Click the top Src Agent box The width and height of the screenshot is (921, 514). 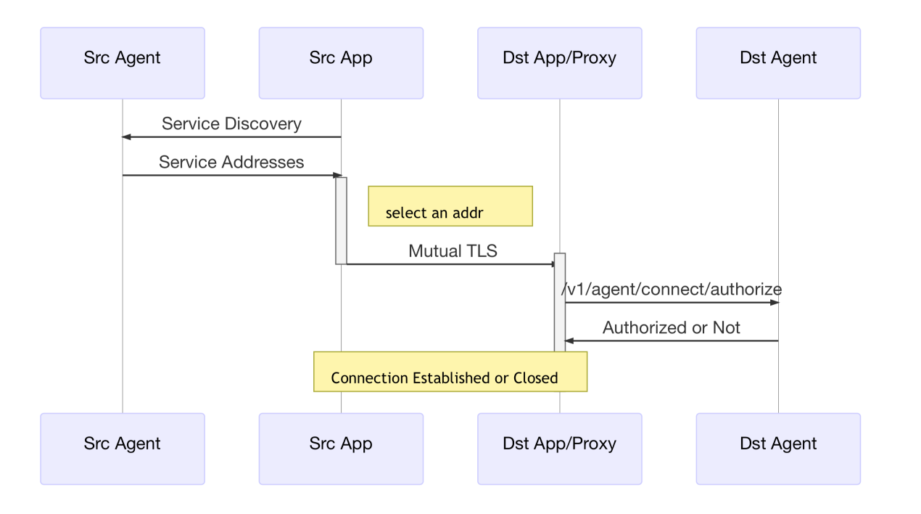122,62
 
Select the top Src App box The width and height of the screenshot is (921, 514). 341,62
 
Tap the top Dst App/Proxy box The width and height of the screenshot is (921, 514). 559,62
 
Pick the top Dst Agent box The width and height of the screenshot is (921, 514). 778,62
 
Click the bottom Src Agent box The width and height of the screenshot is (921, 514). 122,448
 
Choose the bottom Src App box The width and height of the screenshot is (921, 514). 341,448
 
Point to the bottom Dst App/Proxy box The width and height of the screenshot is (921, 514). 559,448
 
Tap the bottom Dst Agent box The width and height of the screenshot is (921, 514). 778,448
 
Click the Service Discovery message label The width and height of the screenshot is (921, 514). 231,123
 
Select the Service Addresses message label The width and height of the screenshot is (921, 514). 231,162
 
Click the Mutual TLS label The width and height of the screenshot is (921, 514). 453,251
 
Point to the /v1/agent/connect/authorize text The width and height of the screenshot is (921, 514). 672,289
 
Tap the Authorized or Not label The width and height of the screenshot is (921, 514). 671,327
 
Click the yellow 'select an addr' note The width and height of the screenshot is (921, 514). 450,206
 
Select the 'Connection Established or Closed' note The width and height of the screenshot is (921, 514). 450,372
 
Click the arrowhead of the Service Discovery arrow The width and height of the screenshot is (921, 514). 126,136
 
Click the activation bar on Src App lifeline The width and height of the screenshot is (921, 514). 341,220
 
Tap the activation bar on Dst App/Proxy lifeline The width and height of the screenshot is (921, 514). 559,301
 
